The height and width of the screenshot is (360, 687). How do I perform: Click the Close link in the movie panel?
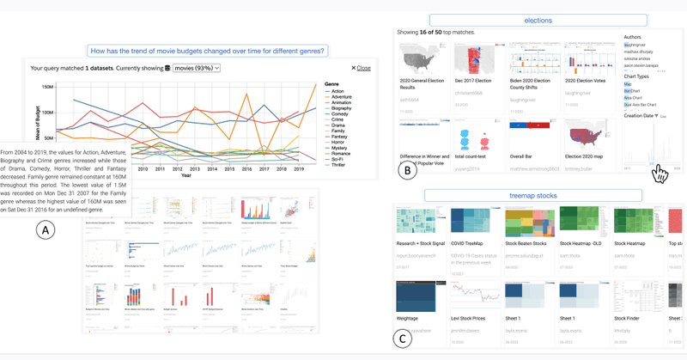click(x=362, y=68)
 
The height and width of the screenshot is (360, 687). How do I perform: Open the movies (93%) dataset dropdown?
click(x=197, y=68)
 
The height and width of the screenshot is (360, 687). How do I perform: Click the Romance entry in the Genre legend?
click(x=339, y=153)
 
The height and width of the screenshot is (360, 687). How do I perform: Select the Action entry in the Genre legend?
click(x=337, y=91)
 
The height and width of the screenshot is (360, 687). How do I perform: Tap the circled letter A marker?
click(x=46, y=230)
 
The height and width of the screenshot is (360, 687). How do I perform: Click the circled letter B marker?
click(x=408, y=169)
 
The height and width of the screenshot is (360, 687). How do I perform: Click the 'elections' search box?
click(x=538, y=20)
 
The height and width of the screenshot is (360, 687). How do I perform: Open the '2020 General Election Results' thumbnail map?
click(x=420, y=58)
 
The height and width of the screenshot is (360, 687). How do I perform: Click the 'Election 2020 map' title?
click(x=587, y=157)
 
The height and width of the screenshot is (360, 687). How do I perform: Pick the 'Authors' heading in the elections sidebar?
click(x=633, y=38)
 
